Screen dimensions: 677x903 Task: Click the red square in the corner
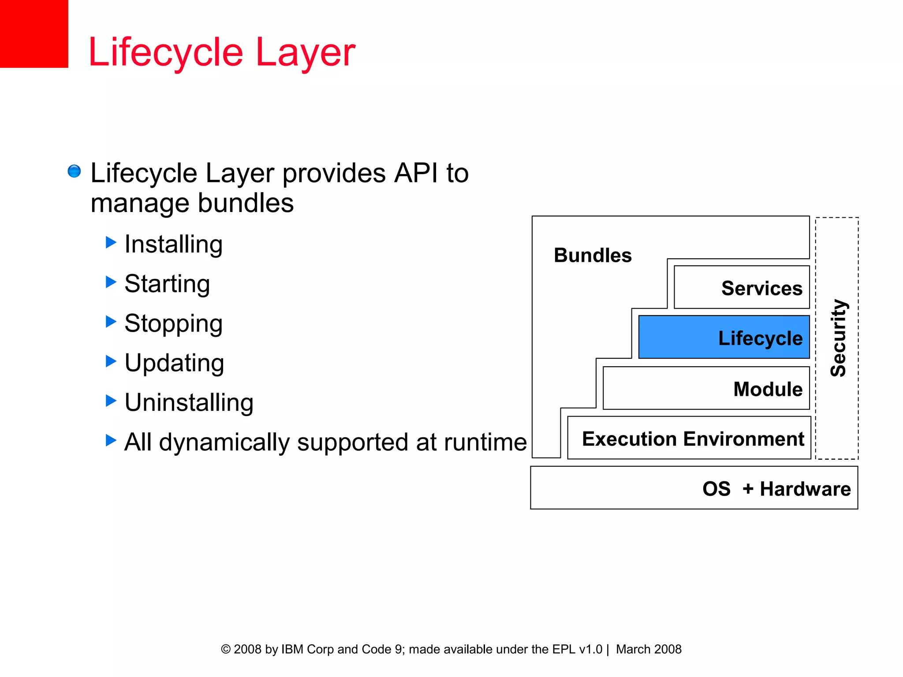pyautogui.click(x=34, y=33)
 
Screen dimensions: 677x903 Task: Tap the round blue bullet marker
pyautogui.click(x=74, y=171)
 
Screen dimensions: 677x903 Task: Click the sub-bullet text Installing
pyautogui.click(x=173, y=244)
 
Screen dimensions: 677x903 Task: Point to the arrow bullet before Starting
pyautogui.click(x=111, y=282)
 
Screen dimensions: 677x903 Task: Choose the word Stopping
pyautogui.click(x=173, y=324)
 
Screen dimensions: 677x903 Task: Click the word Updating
pyautogui.click(x=174, y=363)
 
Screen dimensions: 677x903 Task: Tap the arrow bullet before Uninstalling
pyautogui.click(x=111, y=401)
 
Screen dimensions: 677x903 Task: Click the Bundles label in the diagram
pyautogui.click(x=592, y=256)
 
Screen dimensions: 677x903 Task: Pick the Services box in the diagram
pyautogui.click(x=742, y=287)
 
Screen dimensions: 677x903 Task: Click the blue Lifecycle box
pyautogui.click(x=724, y=337)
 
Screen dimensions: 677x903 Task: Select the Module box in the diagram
pyautogui.click(x=706, y=388)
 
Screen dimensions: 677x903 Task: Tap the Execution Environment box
pyautogui.click(x=689, y=438)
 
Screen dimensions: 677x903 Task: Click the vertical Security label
pyautogui.click(x=838, y=338)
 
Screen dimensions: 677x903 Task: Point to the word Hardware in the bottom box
pyautogui.click(x=805, y=489)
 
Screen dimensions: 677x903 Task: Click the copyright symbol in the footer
pyautogui.click(x=226, y=649)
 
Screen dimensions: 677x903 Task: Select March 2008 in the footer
pyautogui.click(x=649, y=649)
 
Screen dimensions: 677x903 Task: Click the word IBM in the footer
pyautogui.click(x=292, y=649)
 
